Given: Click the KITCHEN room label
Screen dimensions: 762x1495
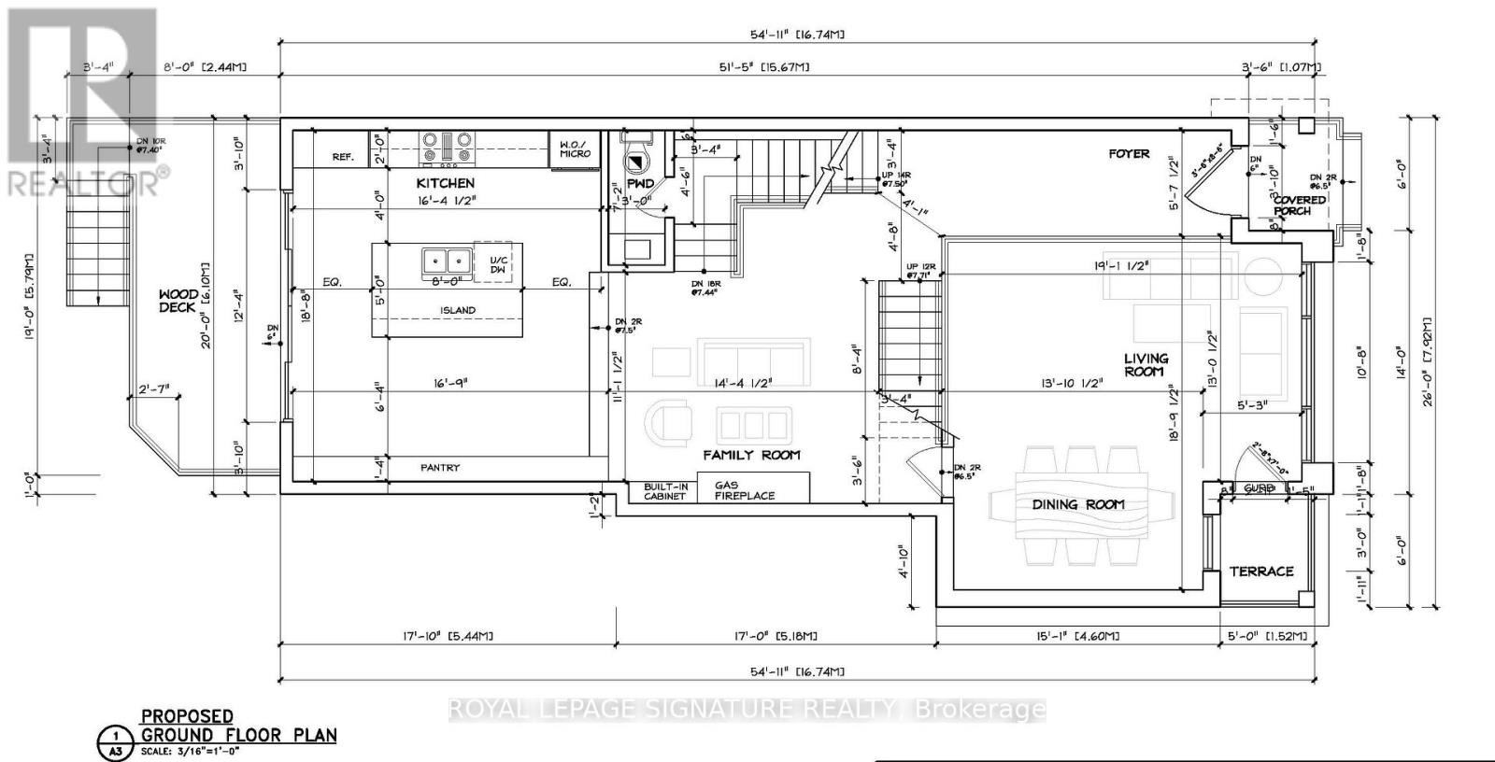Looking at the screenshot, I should (x=446, y=183).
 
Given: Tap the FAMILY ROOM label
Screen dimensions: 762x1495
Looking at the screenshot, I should (x=751, y=455).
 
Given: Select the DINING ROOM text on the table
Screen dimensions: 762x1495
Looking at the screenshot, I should (x=1078, y=504).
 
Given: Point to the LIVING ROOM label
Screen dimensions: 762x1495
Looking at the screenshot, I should (x=1146, y=364).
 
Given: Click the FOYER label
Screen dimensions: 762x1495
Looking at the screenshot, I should (x=1129, y=153).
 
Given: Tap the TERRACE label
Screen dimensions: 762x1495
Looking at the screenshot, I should (x=1261, y=571).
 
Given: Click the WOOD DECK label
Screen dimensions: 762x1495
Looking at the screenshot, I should (x=178, y=301).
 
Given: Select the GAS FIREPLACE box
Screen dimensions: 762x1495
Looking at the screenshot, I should (x=745, y=490).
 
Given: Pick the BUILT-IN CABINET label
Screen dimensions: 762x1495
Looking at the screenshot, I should (x=664, y=490).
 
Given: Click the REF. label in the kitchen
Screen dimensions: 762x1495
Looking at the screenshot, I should (x=343, y=157).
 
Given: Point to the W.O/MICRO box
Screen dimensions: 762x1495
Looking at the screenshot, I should (x=575, y=149).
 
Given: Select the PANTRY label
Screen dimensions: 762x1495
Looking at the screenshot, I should (x=439, y=467).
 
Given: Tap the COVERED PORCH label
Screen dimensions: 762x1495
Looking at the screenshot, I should (x=1299, y=205).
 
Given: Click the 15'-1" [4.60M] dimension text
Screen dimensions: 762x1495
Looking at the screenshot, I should (x=1079, y=636).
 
